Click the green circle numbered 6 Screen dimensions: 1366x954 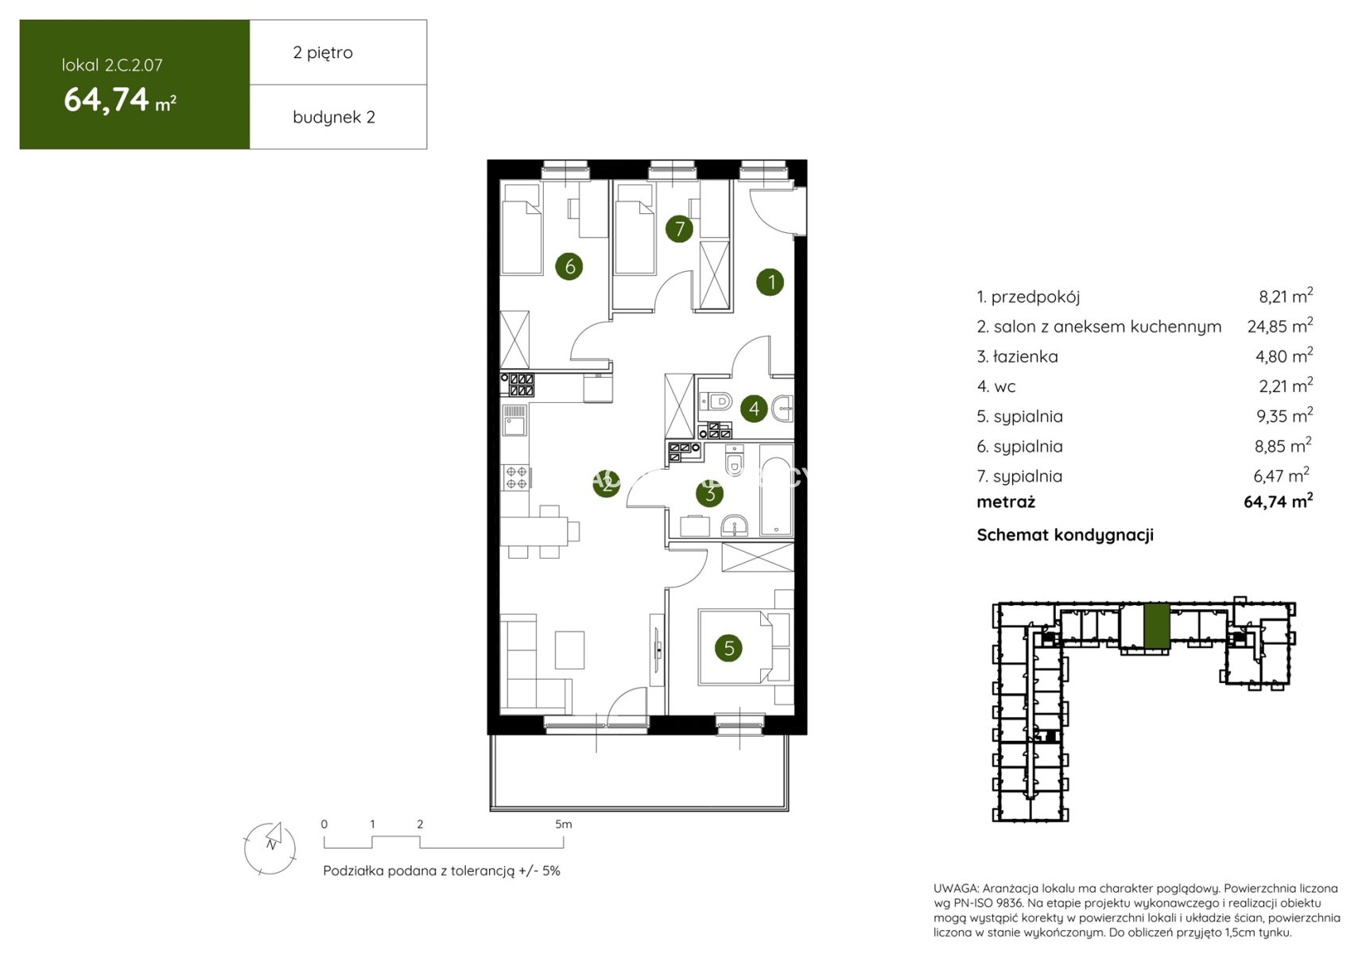pyautogui.click(x=569, y=266)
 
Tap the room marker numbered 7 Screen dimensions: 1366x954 pyautogui.click(x=679, y=229)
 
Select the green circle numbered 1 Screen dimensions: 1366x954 pyautogui.click(x=770, y=281)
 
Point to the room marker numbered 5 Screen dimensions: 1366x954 pyautogui.click(x=729, y=648)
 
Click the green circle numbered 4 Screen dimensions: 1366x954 pyautogui.click(x=754, y=409)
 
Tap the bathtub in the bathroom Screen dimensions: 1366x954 pyautogui.click(x=776, y=490)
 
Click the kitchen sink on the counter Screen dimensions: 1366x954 pyautogui.click(x=514, y=421)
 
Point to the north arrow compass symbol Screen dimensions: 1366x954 pyautogui.click(x=270, y=847)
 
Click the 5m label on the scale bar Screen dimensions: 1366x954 pyautogui.click(x=563, y=824)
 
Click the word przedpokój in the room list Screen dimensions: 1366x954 pyautogui.click(x=1035, y=297)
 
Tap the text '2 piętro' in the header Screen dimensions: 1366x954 pyautogui.click(x=323, y=52)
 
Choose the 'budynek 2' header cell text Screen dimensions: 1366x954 pyautogui.click(x=334, y=117)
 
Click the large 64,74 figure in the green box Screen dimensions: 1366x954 pyautogui.click(x=107, y=99)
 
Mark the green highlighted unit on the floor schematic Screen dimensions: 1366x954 pyautogui.click(x=1157, y=626)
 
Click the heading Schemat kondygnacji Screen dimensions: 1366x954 pyautogui.click(x=1065, y=535)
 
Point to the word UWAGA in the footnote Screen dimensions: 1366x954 pyautogui.click(x=956, y=889)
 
